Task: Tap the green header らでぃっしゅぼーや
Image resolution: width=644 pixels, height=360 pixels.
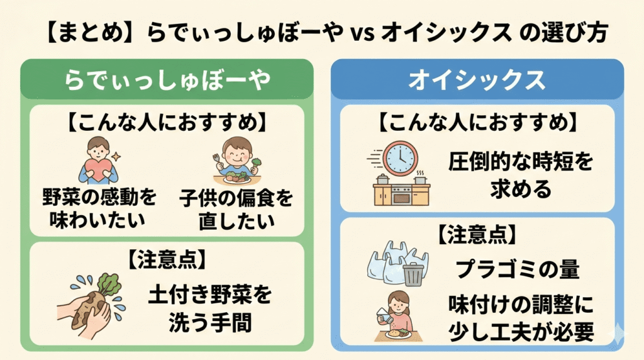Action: (167, 79)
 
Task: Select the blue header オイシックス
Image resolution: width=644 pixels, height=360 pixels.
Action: (477, 80)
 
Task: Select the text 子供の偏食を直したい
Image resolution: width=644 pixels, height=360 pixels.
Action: (236, 208)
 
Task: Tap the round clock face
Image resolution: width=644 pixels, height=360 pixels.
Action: (400, 157)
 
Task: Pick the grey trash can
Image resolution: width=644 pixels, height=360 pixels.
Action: (412, 274)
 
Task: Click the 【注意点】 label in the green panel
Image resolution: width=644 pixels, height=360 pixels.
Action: (167, 259)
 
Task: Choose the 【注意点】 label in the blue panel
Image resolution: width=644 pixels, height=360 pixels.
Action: (477, 234)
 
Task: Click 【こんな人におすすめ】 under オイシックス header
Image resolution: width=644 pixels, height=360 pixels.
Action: (477, 121)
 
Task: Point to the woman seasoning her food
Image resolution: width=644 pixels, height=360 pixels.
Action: (396, 312)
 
